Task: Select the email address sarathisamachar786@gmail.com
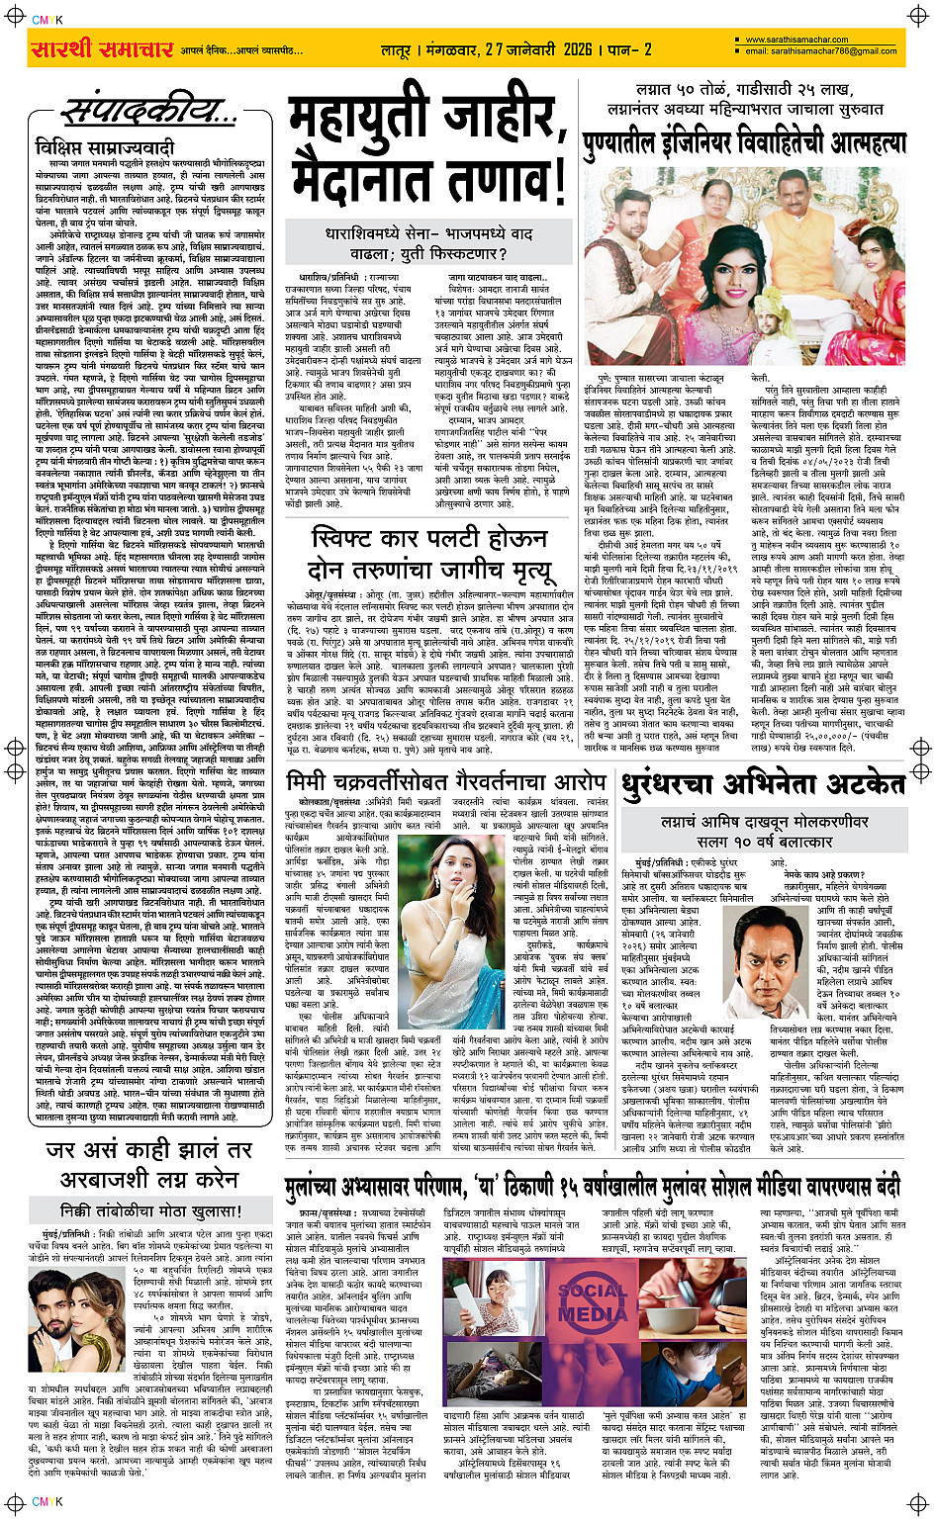[x=820, y=51]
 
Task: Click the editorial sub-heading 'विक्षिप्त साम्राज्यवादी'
[x=90, y=147]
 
